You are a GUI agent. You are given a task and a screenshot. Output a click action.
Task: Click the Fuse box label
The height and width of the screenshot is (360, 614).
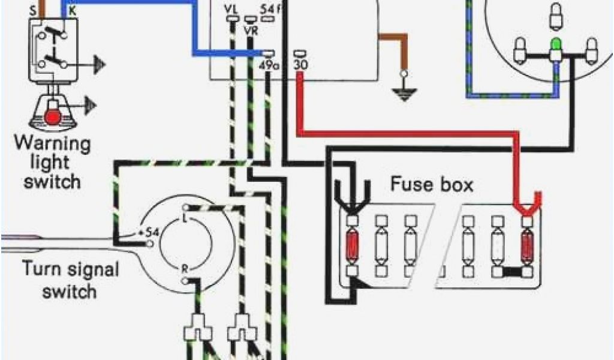pyautogui.click(x=432, y=184)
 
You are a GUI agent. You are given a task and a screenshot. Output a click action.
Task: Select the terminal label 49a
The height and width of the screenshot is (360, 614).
pyautogui.click(x=269, y=65)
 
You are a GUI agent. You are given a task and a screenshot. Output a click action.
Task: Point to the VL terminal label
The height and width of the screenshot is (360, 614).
pyautogui.click(x=231, y=10)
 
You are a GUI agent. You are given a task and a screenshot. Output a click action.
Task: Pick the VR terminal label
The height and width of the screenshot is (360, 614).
pyautogui.click(x=250, y=30)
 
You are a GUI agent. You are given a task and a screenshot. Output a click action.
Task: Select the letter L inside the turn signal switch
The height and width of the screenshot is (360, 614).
pyautogui.click(x=185, y=218)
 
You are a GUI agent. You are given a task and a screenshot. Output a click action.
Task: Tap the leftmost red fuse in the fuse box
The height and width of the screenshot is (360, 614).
pyautogui.click(x=353, y=245)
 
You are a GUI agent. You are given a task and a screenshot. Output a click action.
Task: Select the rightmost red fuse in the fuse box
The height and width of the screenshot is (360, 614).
pyautogui.click(x=527, y=245)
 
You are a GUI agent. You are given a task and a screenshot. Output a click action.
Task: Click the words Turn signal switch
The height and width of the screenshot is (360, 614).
pyautogui.click(x=60, y=279)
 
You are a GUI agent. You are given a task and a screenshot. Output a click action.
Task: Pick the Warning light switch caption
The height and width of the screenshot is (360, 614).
pyautogui.click(x=52, y=163)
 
